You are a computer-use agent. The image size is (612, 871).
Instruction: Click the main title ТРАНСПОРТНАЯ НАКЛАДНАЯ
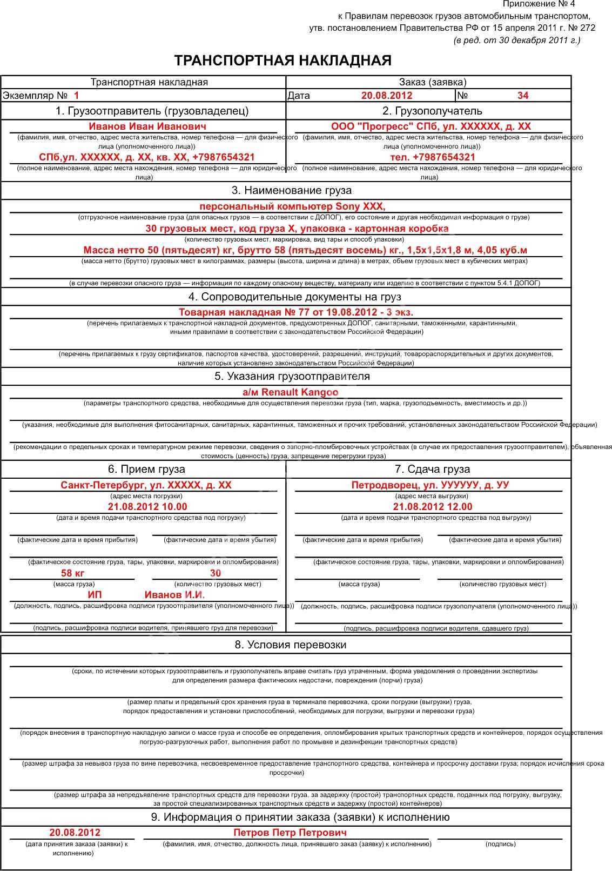[x=283, y=61]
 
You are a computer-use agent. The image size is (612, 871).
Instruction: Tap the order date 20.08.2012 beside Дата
[x=386, y=96]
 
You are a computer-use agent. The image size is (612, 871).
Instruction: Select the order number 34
[x=522, y=96]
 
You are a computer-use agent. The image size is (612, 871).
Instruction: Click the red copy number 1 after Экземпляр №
[x=76, y=96]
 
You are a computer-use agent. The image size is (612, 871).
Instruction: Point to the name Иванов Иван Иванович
[x=147, y=126]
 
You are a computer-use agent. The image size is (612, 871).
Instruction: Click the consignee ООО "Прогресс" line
[x=431, y=126]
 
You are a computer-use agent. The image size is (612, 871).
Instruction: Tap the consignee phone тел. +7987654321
[x=432, y=157]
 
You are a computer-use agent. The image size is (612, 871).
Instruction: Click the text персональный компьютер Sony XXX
[x=292, y=206]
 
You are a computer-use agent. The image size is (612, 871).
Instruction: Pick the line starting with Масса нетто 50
[x=305, y=250]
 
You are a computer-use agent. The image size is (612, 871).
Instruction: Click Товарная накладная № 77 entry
[x=295, y=312]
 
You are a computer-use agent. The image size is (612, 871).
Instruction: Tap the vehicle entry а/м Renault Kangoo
[x=290, y=392]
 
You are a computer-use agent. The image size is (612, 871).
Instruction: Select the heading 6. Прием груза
[x=146, y=469]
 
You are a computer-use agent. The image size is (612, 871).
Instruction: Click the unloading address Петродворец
[x=430, y=485]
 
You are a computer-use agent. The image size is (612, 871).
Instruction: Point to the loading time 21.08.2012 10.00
[x=147, y=507]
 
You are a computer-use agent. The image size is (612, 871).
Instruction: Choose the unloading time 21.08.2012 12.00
[x=432, y=507]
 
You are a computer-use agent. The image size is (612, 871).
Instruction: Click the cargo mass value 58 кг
[x=73, y=573]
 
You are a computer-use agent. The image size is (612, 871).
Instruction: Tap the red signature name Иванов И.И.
[x=174, y=595]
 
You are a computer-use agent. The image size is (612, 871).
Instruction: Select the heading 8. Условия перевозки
[x=290, y=645]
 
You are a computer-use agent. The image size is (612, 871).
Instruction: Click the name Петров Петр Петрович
[x=290, y=833]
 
